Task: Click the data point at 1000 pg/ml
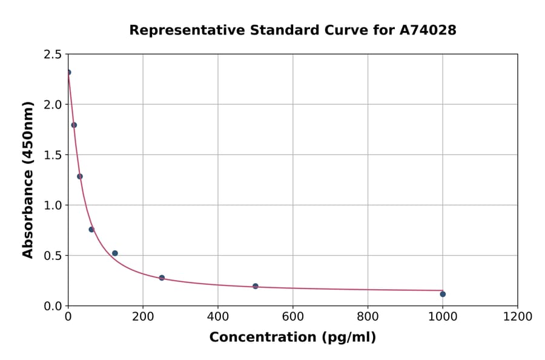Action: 443,294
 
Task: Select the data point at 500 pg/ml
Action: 256,286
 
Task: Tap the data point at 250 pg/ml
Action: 162,278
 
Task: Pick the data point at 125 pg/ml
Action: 115,253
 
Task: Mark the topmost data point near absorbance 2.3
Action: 68,72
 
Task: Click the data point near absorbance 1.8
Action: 74,125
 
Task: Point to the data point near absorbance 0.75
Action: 91,229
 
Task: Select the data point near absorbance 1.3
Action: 80,176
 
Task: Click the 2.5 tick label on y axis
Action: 53,55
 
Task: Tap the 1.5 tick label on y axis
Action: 53,155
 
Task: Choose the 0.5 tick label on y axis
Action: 53,256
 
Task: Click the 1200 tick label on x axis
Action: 517,316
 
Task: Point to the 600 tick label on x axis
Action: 292,316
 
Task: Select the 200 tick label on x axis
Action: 143,316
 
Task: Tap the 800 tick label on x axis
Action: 368,316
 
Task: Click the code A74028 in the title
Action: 428,30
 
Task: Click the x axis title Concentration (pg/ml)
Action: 292,338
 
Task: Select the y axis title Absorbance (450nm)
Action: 28,179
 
